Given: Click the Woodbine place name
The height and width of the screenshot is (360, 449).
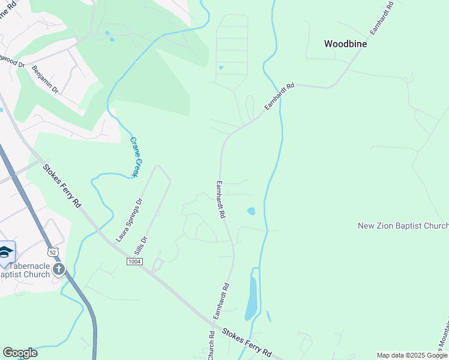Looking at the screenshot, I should coord(345,44).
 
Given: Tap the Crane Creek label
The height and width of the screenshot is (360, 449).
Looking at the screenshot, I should coord(137,157).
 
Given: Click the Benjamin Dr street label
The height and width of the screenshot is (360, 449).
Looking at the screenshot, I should coord(46,79).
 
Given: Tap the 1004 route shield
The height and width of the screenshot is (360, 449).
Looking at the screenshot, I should coord(135,262).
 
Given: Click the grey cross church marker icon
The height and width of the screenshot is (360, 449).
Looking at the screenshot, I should coord(58,268).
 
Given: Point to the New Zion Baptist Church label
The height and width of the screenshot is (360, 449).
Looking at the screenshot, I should coord(403,226).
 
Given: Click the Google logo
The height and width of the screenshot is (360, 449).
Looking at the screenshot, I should coord(20,353).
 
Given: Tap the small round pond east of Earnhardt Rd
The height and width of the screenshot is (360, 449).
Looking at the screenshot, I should coord(251,211).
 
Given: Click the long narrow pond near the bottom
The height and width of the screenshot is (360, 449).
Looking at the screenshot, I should coord(252,299).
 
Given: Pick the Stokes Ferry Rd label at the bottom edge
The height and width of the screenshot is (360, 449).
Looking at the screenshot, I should coord(247,343).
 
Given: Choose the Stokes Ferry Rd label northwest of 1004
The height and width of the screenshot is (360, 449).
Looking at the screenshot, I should coord(62,186).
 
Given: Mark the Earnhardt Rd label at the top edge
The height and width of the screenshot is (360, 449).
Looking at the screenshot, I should coord(381,19).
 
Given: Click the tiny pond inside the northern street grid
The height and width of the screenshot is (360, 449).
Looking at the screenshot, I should coord(221,67).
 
